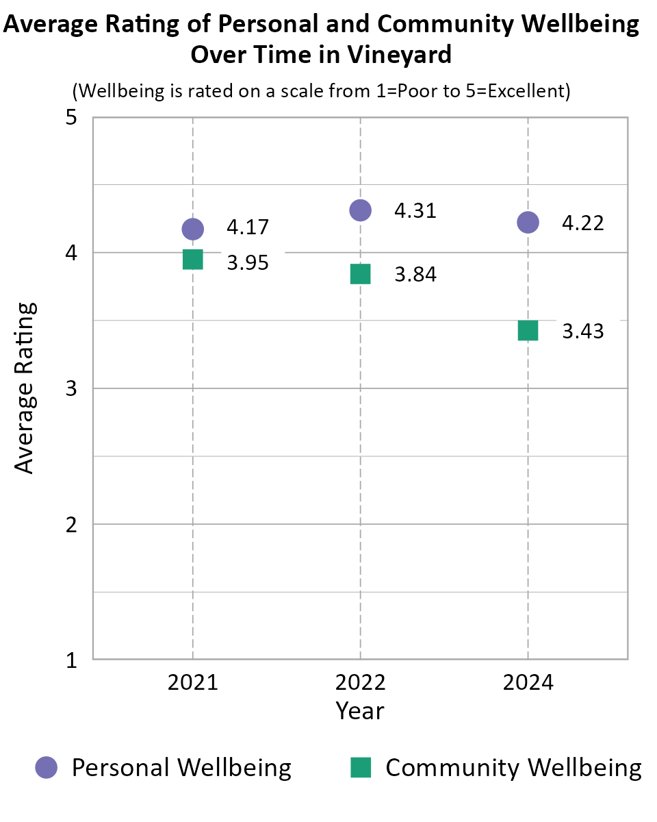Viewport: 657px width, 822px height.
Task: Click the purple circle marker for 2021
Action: click(x=192, y=229)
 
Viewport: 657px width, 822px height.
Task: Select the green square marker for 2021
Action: click(x=192, y=260)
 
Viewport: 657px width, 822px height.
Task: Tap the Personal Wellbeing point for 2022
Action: click(x=360, y=210)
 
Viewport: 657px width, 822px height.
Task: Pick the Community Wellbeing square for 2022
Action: click(x=360, y=274)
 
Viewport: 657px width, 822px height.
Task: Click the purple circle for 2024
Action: click(x=528, y=222)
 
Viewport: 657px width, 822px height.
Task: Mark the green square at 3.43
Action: click(x=528, y=331)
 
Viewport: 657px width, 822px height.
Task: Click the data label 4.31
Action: click(x=415, y=210)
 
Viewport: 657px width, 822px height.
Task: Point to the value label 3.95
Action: click(x=248, y=262)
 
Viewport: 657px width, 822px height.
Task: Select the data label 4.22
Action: click(x=583, y=223)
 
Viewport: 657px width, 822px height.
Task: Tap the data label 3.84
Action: click(x=415, y=275)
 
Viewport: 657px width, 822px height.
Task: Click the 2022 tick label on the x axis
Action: click(x=360, y=683)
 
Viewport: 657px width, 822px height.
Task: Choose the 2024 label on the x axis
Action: click(x=528, y=683)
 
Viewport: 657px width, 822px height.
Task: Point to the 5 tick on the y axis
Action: click(x=70, y=118)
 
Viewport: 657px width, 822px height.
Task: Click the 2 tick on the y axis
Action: click(x=70, y=525)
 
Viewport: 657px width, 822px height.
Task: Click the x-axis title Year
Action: click(x=360, y=710)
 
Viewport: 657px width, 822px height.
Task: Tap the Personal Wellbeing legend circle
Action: click(x=47, y=767)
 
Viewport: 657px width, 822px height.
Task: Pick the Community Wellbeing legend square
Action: click(x=361, y=767)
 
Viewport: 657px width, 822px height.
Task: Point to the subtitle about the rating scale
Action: click(x=322, y=91)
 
